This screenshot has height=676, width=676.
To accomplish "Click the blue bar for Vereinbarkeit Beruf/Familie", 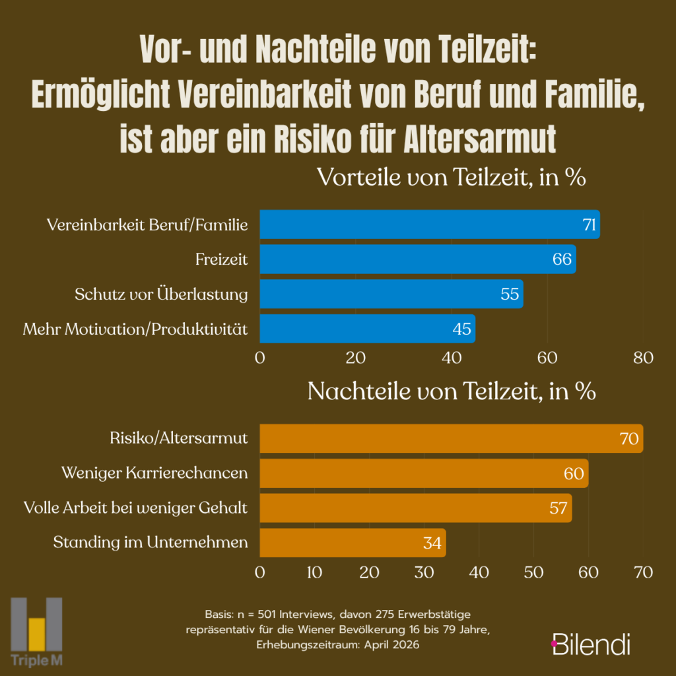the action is point(429,224).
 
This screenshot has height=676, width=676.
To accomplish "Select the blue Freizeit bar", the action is point(418,259).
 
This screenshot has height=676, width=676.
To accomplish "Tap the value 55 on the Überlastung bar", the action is point(510,294).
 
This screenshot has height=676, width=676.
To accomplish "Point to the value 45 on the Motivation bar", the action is point(461,329).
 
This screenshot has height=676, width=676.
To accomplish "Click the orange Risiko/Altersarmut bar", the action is point(452,438).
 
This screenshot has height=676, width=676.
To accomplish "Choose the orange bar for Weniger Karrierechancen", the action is point(424,473).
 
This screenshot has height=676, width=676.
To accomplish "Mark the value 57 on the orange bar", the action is point(558,508).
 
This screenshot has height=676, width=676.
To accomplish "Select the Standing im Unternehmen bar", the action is point(353,543).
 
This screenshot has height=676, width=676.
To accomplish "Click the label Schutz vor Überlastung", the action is point(161,294).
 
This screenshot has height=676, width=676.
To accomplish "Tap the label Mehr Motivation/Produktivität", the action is point(135,329).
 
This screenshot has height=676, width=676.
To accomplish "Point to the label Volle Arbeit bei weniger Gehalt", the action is point(135,508).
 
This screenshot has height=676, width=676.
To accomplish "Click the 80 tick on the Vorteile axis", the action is point(643,358).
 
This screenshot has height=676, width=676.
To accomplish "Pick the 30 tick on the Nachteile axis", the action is point(424,572).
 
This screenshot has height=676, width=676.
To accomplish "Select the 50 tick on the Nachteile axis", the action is point(533,572).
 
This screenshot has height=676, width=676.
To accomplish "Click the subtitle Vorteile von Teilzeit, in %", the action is point(452,177).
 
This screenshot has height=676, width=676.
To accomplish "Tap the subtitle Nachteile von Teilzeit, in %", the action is point(452,391).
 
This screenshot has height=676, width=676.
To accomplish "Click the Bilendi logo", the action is point(591,644).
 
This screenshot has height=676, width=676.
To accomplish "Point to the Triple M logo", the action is point(37,632).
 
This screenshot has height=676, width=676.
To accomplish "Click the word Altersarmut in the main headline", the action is point(480,139).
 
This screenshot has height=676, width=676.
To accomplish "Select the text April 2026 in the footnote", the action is point(391,645).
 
